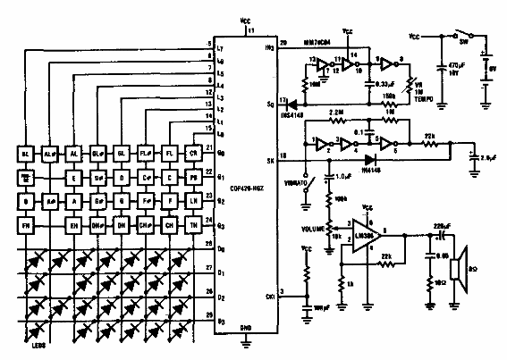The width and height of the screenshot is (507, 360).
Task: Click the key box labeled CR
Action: (192, 154)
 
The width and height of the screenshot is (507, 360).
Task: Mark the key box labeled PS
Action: (192, 178)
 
